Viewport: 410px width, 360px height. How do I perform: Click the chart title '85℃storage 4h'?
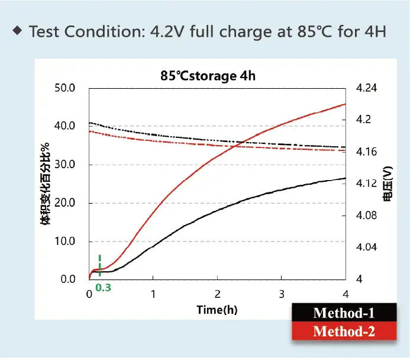click(208, 76)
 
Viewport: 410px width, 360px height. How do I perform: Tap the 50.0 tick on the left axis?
click(65, 88)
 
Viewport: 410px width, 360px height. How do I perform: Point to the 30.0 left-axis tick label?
click(65, 165)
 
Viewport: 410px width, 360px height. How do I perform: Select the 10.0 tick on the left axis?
click(65, 241)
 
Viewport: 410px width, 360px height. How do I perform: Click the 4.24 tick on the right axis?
click(366, 88)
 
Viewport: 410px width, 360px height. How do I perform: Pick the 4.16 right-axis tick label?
click(366, 152)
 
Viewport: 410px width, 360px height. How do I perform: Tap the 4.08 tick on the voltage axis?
click(366, 216)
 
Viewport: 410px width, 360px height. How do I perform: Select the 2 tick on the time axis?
click(217, 294)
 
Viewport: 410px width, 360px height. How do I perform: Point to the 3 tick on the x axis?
click(282, 294)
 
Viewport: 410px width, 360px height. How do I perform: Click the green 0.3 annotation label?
click(104, 288)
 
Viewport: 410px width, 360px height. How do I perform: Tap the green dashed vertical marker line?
click(100, 265)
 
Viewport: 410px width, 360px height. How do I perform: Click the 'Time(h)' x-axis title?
click(217, 310)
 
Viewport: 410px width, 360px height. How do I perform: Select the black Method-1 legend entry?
click(344, 313)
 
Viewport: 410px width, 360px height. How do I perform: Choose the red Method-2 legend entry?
click(344, 331)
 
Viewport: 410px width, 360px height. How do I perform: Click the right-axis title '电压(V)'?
click(388, 184)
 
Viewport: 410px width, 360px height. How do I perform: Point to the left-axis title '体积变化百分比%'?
click(46, 184)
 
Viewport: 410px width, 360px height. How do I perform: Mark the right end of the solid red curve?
click(346, 104)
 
